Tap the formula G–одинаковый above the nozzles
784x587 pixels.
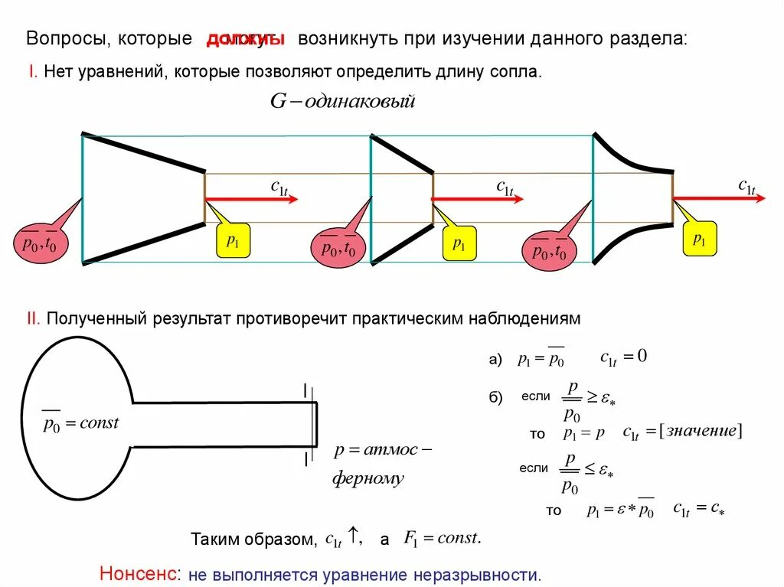341,101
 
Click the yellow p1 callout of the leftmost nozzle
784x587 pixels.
234,241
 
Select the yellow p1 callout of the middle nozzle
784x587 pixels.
459,244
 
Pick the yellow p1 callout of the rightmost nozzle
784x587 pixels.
700,239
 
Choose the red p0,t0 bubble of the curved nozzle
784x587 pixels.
549,249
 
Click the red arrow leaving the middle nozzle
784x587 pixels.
478,199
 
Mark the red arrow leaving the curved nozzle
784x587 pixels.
719,198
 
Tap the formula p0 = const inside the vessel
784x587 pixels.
80,422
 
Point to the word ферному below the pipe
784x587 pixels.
367,479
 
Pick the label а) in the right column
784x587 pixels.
495,360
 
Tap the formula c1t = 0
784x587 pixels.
624,357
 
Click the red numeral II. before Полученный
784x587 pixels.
34,318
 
